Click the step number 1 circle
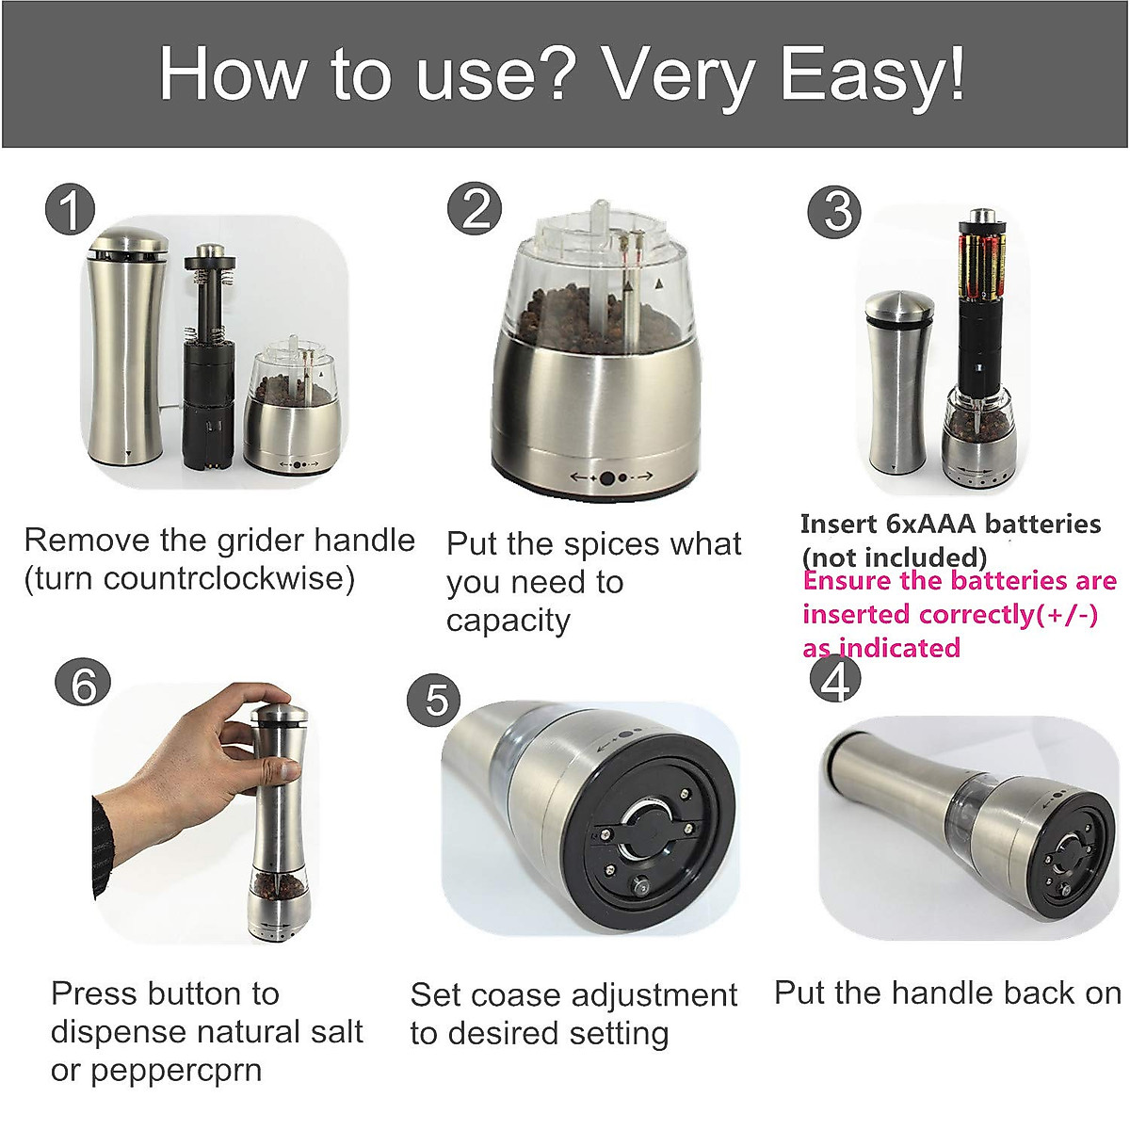71,209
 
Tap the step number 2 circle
475,208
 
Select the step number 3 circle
835,211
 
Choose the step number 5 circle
434,699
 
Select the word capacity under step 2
508,621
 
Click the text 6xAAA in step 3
933,524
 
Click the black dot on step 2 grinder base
607,477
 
